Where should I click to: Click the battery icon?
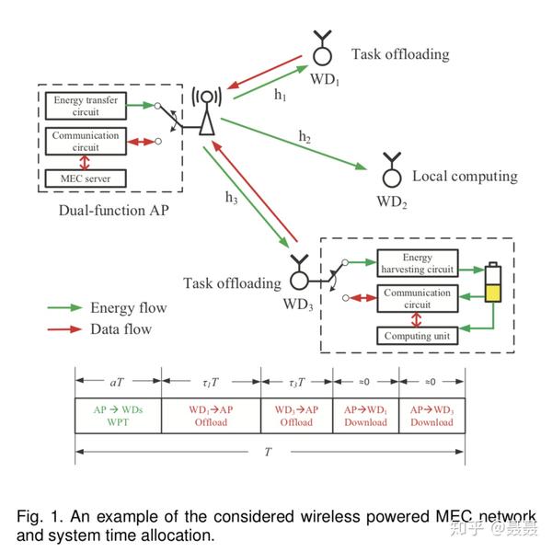click(494, 285)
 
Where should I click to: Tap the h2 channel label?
click(304, 137)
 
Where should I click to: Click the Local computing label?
click(465, 176)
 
